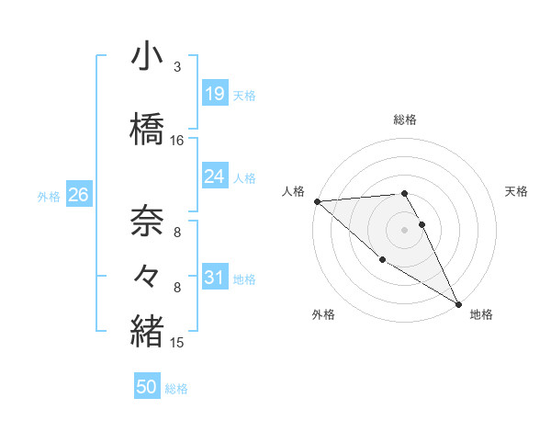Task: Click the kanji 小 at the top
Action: pos(147,57)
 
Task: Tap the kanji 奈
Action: pos(147,221)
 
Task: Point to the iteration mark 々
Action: pos(147,273)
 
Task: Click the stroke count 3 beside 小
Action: pos(176,67)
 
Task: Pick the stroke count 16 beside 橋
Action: pos(177,141)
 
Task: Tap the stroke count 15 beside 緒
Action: pos(177,343)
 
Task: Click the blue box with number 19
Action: pos(214,93)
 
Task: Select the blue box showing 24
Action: pos(214,176)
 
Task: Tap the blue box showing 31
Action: pos(214,277)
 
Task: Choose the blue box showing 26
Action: pos(78,195)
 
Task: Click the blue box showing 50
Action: pos(147,387)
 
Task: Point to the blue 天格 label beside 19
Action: pos(244,95)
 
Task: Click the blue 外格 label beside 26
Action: pos(49,196)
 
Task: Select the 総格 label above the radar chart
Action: pos(405,119)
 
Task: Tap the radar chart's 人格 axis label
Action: pos(293,191)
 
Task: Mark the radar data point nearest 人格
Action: pos(317,201)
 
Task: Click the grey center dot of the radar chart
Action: pos(405,229)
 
